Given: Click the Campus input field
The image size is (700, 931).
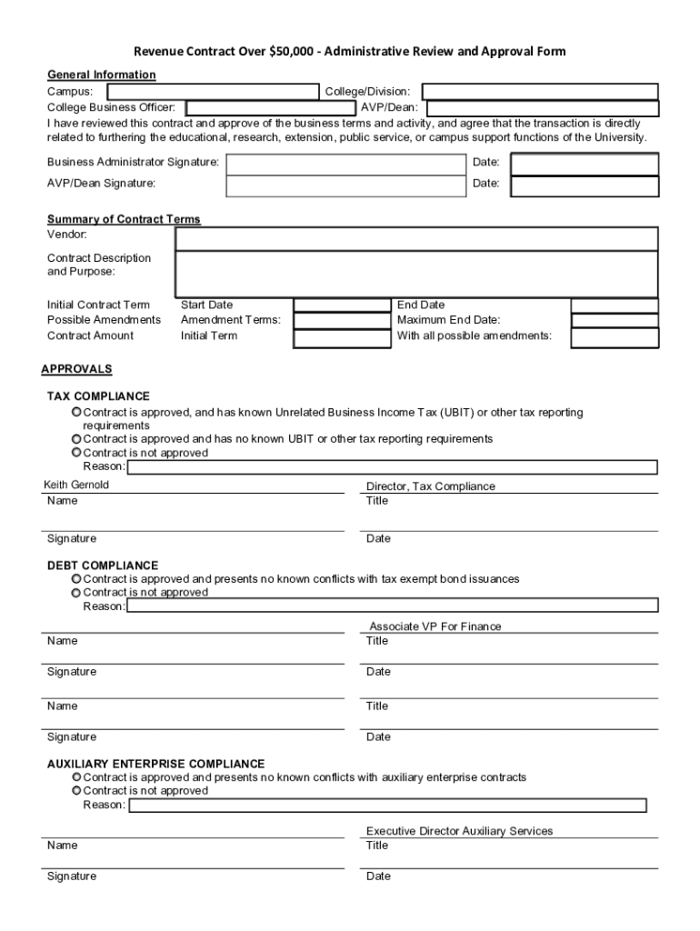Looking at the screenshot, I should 212,92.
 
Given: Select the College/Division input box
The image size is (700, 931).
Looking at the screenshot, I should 540,92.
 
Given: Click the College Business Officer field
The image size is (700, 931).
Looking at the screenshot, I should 271,108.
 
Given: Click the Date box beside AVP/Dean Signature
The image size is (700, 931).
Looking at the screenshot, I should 585,186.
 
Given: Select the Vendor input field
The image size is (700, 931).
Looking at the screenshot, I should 416,238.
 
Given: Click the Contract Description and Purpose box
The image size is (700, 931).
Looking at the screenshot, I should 416,274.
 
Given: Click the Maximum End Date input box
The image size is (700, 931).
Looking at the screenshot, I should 614,320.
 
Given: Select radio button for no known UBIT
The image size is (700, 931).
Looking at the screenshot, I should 77,439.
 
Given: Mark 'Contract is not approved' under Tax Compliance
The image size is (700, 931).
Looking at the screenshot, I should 77,453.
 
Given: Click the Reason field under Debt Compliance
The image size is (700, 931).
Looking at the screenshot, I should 393,606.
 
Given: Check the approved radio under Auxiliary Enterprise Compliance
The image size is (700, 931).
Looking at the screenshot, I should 77,777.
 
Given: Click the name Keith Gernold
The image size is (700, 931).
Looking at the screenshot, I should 76,486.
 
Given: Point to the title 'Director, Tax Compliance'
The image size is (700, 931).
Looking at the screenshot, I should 430,486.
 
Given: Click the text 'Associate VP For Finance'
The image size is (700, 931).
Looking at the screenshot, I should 435,626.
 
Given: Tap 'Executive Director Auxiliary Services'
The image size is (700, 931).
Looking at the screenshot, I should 459,831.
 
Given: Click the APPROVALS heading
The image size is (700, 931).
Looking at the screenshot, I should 76,369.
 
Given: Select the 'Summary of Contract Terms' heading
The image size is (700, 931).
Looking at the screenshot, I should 124,220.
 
